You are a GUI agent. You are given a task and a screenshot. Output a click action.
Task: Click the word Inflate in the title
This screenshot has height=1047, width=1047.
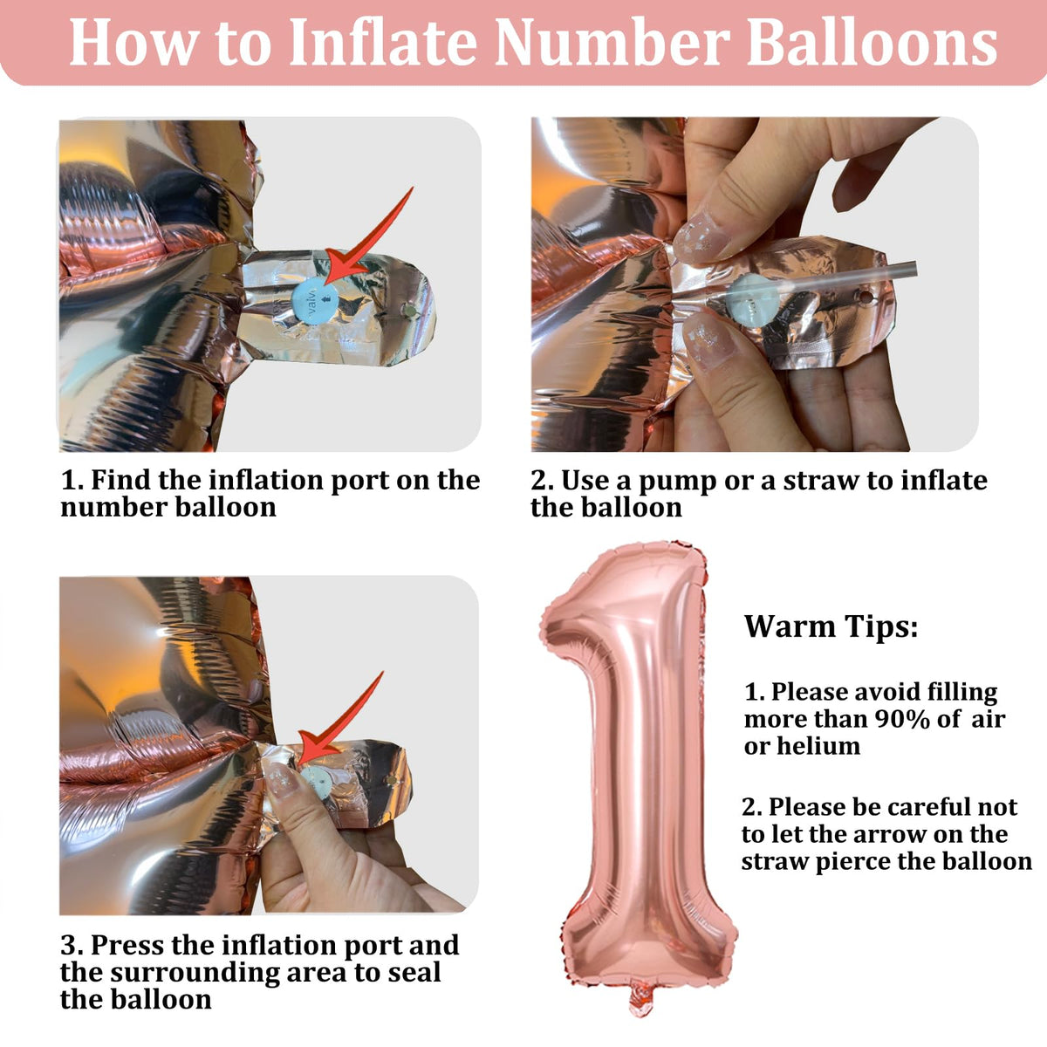pyautogui.click(x=383, y=43)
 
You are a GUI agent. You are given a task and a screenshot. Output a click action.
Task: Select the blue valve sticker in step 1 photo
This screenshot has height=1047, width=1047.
pyautogui.click(x=315, y=300)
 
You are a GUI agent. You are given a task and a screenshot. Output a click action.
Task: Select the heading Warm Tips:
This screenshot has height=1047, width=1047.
pyautogui.click(x=831, y=626)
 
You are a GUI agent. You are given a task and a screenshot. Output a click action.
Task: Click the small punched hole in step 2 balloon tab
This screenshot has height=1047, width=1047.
pyautogui.click(x=865, y=298)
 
